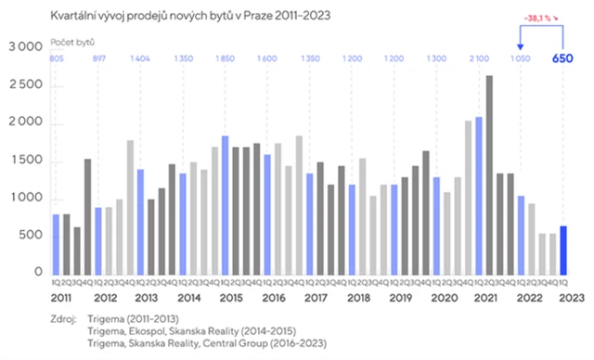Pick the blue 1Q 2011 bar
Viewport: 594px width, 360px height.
coord(56,243)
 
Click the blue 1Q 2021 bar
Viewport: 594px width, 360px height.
coord(478,195)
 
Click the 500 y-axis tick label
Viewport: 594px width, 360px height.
coord(31,236)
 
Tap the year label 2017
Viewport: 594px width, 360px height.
coord(316,299)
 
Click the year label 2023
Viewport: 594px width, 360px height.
coord(568,299)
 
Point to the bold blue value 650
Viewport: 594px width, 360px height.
coord(563,58)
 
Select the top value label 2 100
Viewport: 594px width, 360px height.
coord(480,58)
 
